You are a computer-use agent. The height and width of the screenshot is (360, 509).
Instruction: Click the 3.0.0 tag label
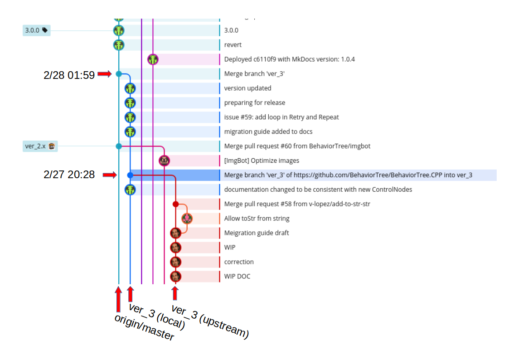coord(36,30)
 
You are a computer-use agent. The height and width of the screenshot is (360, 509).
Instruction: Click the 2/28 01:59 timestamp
coord(69,75)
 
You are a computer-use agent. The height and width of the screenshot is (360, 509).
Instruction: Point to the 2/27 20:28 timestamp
coord(69,175)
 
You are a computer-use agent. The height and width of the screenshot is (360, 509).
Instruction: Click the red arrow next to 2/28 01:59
coord(105,74)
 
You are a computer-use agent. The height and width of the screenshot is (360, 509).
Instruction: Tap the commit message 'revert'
coord(233,45)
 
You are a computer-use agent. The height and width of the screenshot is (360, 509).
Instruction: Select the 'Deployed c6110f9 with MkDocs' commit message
coord(289,59)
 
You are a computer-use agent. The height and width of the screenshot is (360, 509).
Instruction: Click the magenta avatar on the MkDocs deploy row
coord(153,59)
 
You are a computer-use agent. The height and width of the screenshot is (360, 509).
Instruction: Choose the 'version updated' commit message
coord(247,88)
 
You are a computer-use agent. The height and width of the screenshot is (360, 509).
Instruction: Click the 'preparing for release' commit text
coord(254,103)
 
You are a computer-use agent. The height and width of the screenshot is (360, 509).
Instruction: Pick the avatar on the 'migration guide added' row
coord(130,132)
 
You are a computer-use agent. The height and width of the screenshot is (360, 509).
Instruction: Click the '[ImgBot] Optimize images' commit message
coord(262,161)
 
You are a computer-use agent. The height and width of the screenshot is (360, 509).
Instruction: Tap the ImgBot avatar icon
coord(164,161)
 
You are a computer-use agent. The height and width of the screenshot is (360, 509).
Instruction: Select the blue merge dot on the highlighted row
coord(130,175)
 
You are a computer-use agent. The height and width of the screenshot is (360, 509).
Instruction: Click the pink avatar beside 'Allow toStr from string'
coord(187,219)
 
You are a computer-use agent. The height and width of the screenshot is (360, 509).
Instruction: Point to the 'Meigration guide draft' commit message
coord(256,233)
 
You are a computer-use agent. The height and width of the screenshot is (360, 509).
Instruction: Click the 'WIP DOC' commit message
coord(237,277)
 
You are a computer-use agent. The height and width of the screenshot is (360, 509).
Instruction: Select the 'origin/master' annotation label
coord(144,327)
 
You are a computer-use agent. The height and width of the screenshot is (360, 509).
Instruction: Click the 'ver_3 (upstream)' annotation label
coord(210,322)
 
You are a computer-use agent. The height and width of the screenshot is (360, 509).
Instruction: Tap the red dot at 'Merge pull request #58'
coord(175,204)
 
